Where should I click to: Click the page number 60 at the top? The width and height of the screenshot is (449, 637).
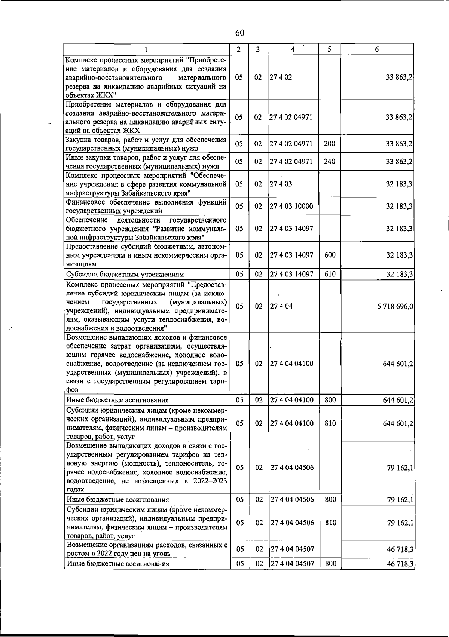coord(240,33)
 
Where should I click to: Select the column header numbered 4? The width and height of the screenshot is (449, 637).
coord(293,49)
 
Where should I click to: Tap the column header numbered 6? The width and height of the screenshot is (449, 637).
coord(377,49)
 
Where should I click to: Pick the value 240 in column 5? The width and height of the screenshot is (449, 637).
coord(329,162)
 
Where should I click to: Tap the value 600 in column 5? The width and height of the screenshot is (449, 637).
coord(330,255)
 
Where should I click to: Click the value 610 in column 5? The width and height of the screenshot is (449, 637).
coord(330,274)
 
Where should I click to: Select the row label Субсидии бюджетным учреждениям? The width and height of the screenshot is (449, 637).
coord(125,275)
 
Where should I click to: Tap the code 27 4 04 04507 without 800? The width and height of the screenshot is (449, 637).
coord(291,549)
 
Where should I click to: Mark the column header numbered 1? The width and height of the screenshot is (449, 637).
coord(146,49)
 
